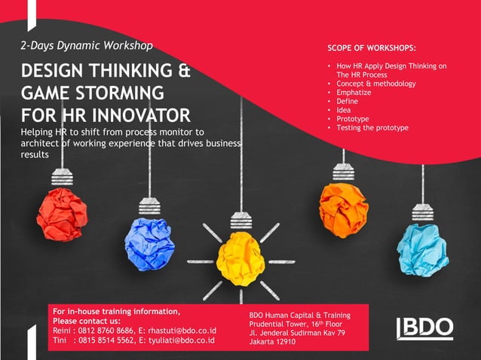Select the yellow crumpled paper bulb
pos(240,258)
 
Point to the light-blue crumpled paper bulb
pos(422,249)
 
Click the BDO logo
pos(424,328)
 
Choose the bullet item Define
pos(348,102)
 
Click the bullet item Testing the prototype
pos(372,128)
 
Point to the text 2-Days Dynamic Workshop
pos(87,46)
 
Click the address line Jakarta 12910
pos(272,343)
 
